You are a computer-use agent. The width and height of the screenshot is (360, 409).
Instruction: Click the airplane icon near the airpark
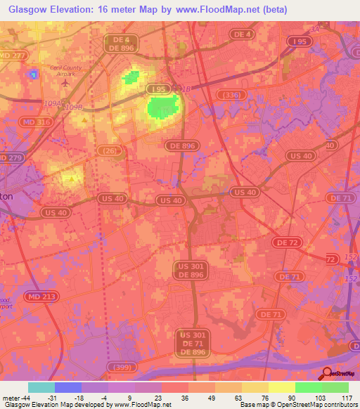[66, 82]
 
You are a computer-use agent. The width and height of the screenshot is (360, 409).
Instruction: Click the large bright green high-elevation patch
[162, 107]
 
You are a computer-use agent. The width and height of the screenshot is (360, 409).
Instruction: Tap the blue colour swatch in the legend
[68, 387]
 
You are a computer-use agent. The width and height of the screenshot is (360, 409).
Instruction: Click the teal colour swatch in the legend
[41, 387]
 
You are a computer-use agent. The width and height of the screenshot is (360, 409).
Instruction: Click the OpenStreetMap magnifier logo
[328, 372]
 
